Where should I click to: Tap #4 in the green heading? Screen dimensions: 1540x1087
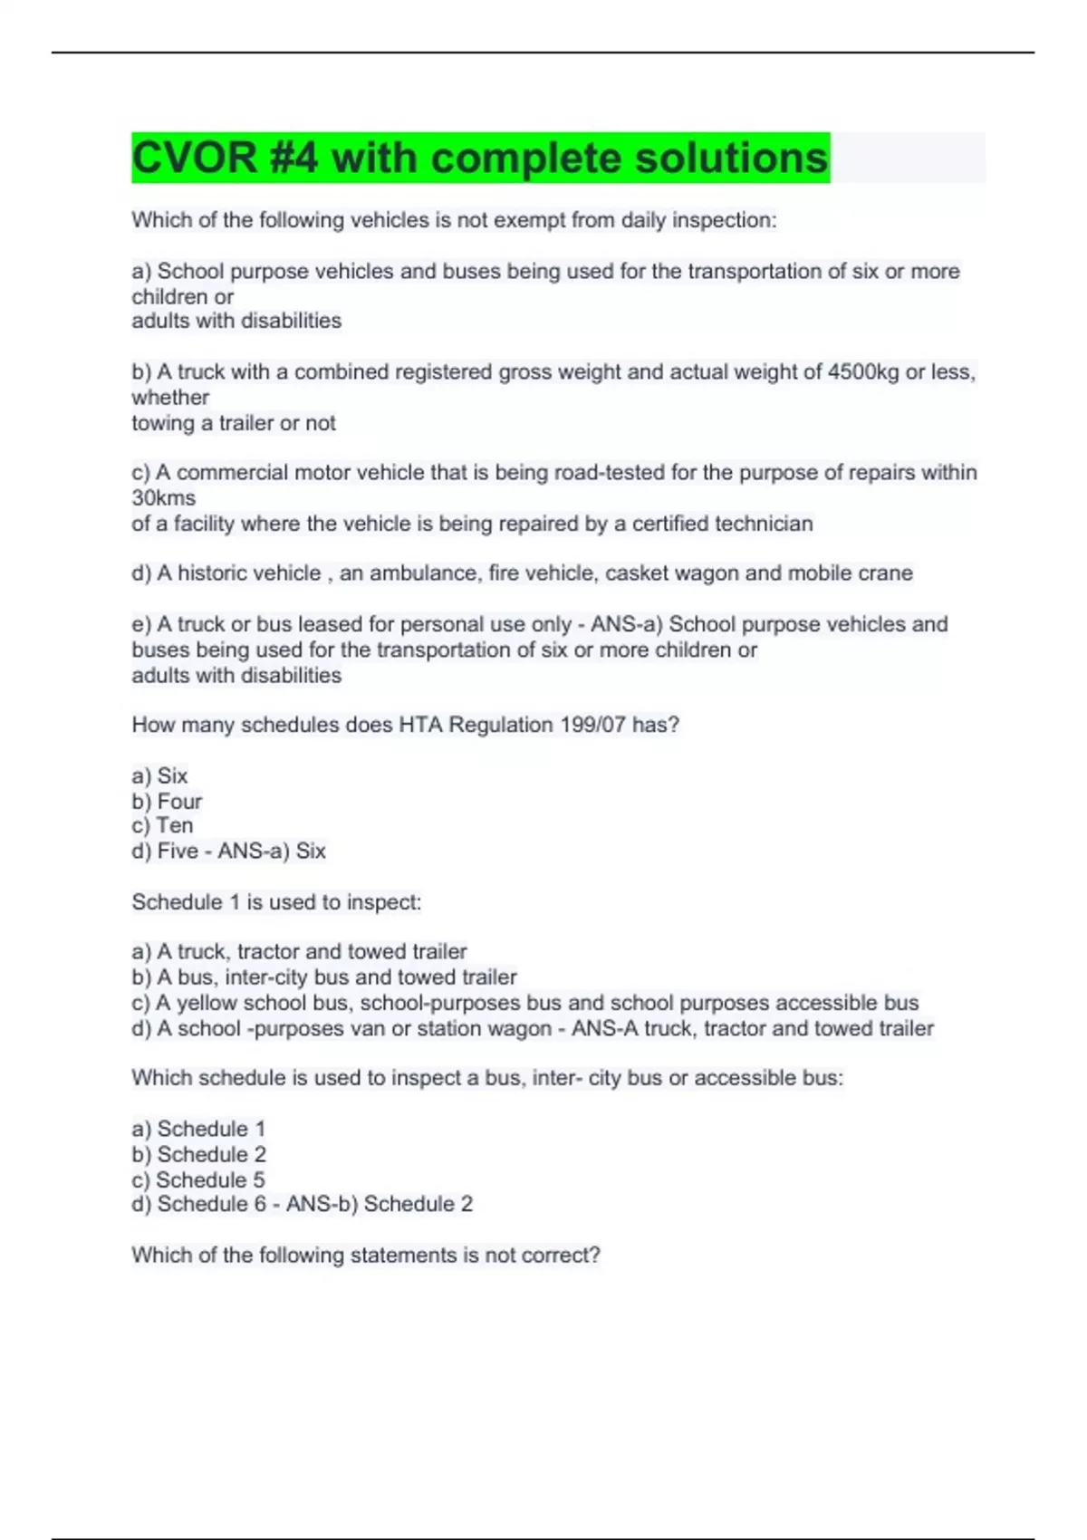pyautogui.click(x=294, y=159)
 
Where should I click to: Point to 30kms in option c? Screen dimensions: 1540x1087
pyautogui.click(x=164, y=498)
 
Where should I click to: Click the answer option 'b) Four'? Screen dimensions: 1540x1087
pyautogui.click(x=167, y=802)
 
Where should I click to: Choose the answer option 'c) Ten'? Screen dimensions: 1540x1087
pyautogui.click(x=162, y=826)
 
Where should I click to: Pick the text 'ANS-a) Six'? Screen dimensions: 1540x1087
pyautogui.click(x=271, y=852)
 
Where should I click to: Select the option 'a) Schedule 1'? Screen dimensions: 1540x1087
pyautogui.click(x=198, y=1130)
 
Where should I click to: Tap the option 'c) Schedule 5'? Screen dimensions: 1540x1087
pyautogui.click(x=198, y=1180)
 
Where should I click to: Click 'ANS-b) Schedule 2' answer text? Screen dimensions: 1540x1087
pyautogui.click(x=380, y=1205)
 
